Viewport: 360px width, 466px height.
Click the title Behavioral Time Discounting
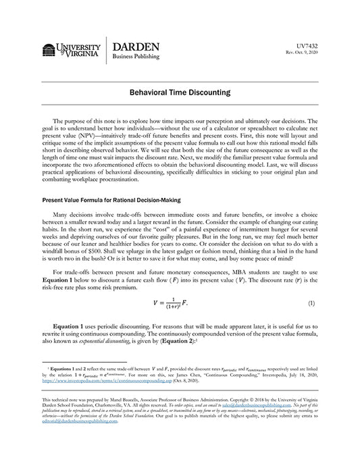click(x=180, y=91)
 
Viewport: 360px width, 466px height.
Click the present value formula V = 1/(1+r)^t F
click(x=179, y=304)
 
